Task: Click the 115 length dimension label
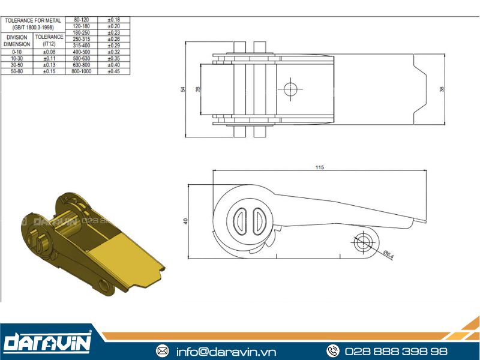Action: tap(319, 167)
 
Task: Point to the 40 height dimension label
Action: tap(186, 221)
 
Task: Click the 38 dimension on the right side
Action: tap(442, 89)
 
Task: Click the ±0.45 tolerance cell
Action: tap(113, 71)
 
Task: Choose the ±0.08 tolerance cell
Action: tap(49, 52)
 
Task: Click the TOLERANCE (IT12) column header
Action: tap(49, 40)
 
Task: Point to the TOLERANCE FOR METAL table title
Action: tap(33, 23)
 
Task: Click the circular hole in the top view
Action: tap(290, 89)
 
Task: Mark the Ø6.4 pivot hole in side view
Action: tap(364, 242)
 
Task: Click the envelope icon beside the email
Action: tap(162, 351)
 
